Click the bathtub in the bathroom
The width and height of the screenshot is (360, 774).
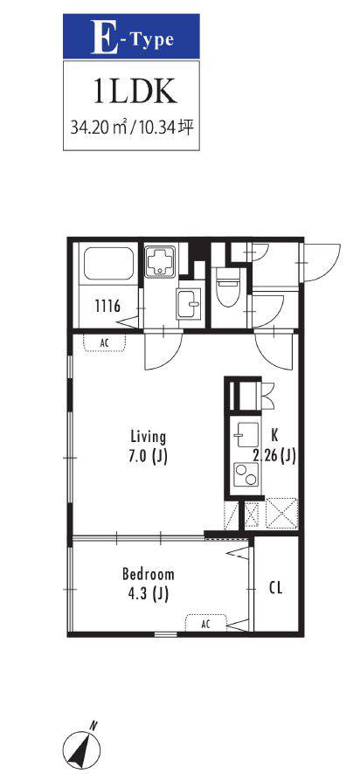[109, 264]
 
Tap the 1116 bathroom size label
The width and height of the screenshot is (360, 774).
[107, 307]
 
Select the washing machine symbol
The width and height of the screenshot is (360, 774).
[162, 260]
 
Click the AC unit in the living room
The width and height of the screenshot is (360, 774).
[104, 342]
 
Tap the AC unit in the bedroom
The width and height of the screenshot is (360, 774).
[206, 623]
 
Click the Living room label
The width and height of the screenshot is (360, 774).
[149, 437]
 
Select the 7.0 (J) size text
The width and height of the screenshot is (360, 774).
[149, 456]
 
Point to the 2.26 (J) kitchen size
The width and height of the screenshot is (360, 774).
[274, 456]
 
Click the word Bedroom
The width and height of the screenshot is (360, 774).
[149, 575]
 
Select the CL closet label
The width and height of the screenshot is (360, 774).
[276, 589]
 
